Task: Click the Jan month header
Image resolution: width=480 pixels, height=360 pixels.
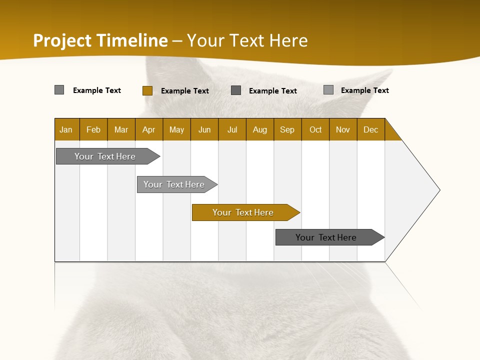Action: [66, 129]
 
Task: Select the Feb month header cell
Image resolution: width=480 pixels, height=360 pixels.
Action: [93, 129]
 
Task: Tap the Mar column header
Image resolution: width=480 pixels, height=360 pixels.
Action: [121, 129]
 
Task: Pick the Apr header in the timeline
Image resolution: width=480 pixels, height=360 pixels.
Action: [149, 129]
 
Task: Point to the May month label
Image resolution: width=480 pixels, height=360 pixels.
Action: [176, 129]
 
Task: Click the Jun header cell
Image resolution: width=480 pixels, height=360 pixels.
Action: [204, 129]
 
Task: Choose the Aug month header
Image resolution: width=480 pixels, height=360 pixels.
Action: [260, 129]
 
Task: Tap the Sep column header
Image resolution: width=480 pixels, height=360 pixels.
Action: [287, 129]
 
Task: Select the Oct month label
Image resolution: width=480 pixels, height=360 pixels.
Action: [315, 129]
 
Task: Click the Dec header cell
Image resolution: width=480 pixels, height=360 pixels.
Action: [371, 129]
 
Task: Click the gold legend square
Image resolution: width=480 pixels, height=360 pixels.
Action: [147, 90]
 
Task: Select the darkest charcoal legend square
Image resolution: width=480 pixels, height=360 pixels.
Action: [236, 90]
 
